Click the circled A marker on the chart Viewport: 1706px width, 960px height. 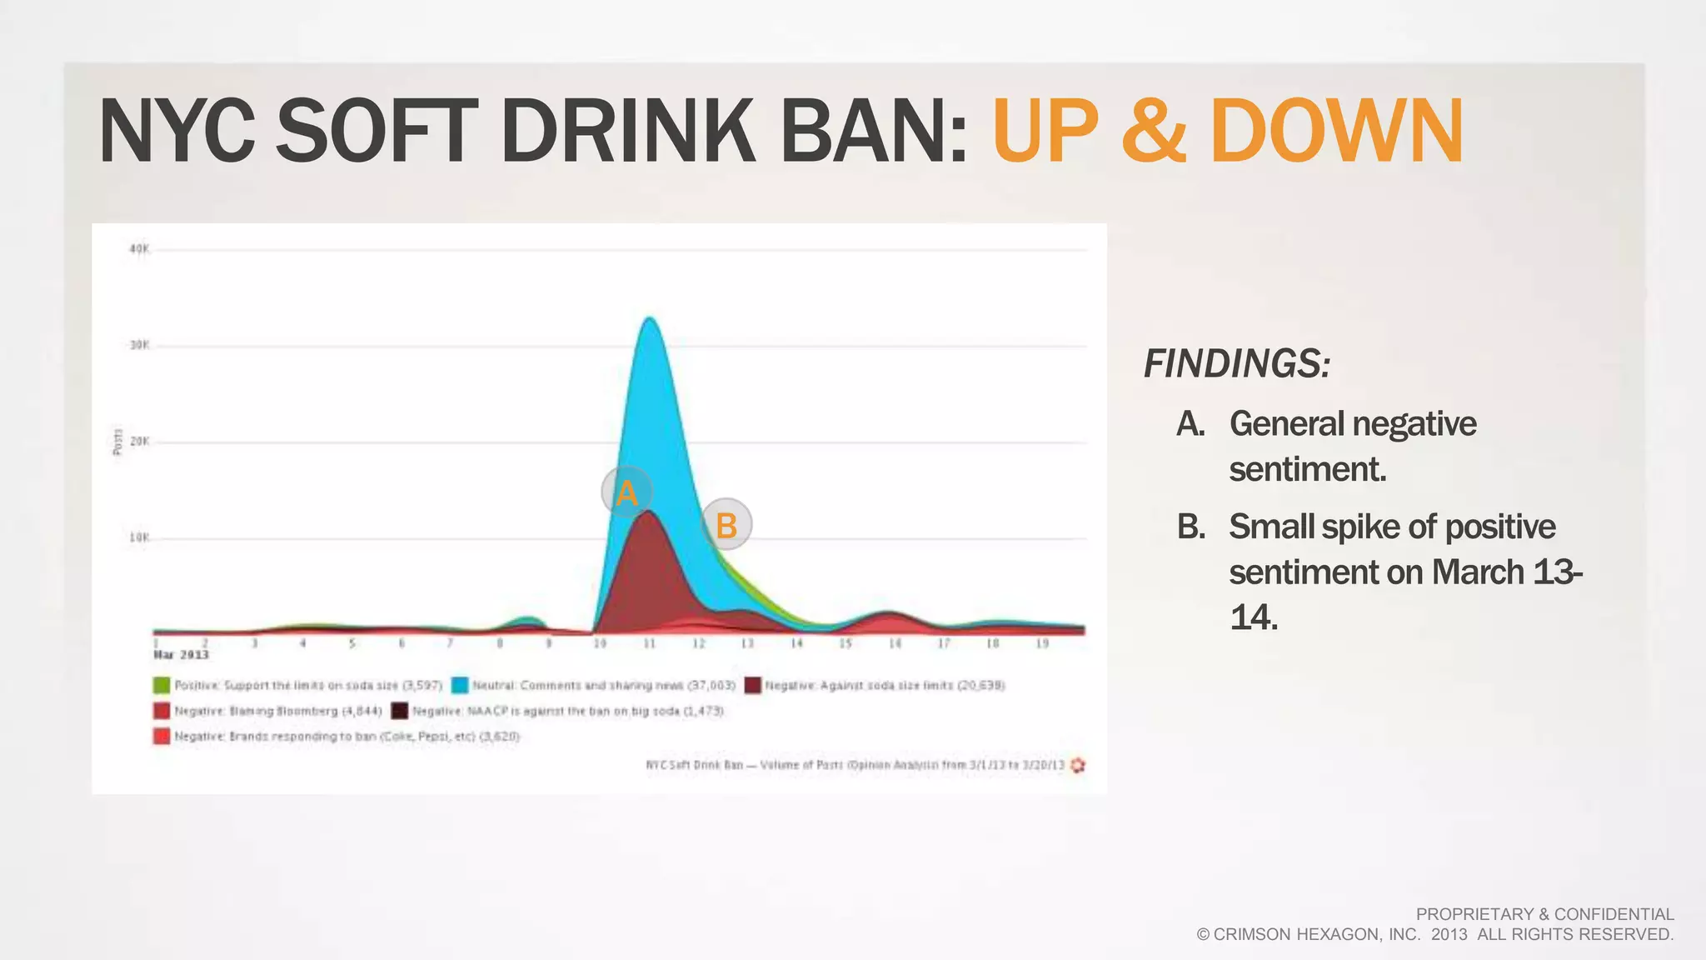coord(626,492)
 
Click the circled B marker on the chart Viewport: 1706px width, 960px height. coord(726,525)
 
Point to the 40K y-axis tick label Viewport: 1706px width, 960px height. coord(139,249)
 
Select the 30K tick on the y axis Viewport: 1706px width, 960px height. coord(139,345)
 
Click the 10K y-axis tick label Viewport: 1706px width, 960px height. coord(139,537)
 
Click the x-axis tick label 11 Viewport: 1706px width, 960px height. coord(650,643)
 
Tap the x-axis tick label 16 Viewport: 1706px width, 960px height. coord(895,643)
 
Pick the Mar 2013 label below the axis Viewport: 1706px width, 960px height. coord(181,655)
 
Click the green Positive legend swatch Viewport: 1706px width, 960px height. coord(162,685)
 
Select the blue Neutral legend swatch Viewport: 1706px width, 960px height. coord(460,685)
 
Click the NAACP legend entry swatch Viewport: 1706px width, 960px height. coord(400,711)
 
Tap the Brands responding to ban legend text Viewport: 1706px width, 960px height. coord(347,737)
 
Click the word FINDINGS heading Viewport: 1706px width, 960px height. coord(1236,364)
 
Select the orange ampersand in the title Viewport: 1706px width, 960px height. coord(1153,132)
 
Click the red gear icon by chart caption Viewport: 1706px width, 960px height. coord(1078,765)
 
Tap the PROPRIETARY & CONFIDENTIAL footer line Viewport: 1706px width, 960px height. coord(1544,914)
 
